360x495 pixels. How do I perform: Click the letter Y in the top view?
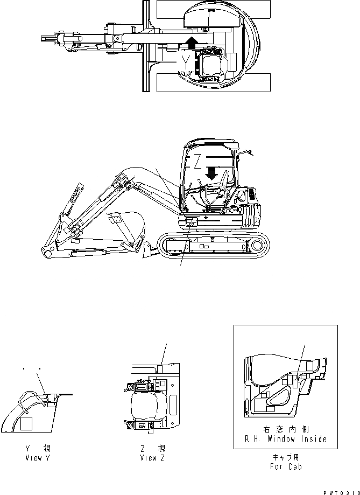(186, 64)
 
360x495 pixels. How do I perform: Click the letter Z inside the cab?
(197, 161)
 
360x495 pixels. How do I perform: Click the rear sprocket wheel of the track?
(257, 246)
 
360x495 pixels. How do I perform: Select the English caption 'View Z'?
(152, 458)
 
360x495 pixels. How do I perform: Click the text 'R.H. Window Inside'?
(285, 439)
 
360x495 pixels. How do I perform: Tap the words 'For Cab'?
(285, 466)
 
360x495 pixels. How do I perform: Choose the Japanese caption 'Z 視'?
(152, 448)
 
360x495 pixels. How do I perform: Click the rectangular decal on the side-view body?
(190, 221)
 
